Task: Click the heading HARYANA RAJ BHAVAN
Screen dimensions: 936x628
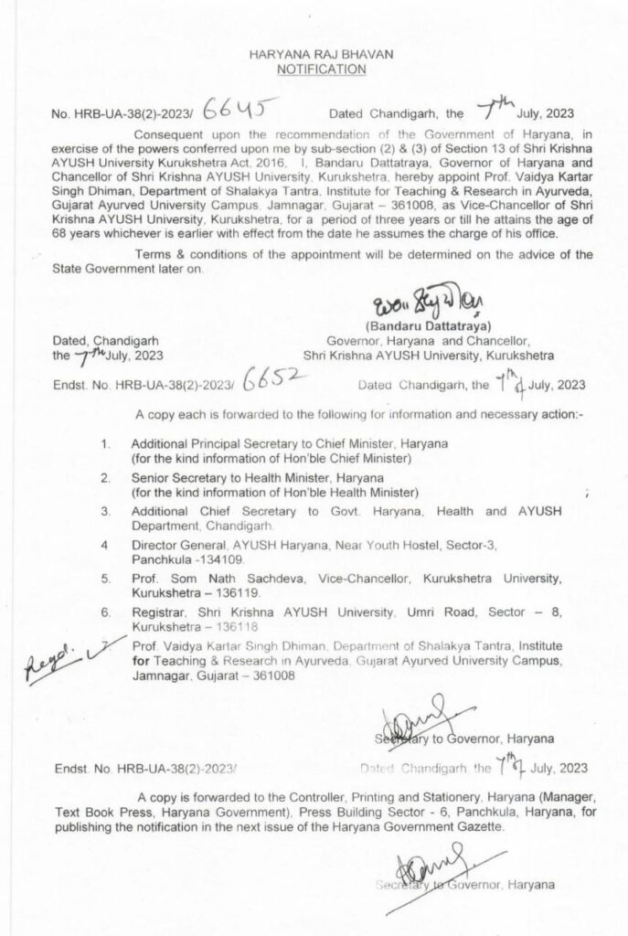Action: (x=314, y=56)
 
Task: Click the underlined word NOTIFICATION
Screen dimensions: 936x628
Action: (x=314, y=69)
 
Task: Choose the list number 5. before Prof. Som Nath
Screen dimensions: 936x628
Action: (x=106, y=579)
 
